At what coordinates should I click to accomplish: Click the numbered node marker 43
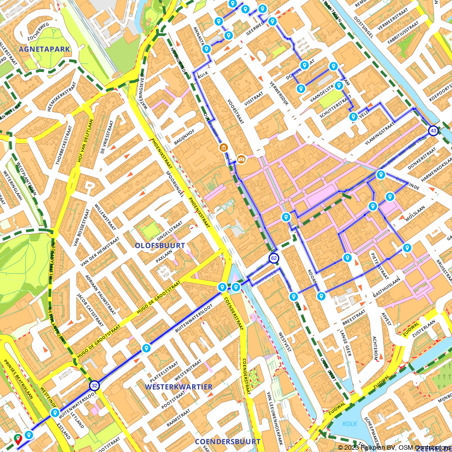click(433, 131)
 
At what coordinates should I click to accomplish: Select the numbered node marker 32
click(94, 385)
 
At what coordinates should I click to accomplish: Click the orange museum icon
click(223, 147)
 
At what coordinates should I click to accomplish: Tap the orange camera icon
click(241, 159)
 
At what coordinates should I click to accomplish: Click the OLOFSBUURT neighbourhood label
click(160, 245)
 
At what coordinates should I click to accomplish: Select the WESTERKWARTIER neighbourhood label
click(179, 387)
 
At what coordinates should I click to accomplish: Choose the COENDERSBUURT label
click(227, 441)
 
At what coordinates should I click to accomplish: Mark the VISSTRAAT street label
click(253, 103)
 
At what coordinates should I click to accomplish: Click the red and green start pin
click(18, 438)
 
